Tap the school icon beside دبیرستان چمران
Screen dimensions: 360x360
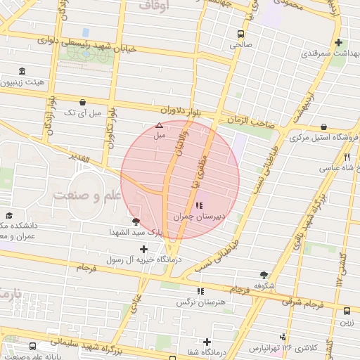[200, 205]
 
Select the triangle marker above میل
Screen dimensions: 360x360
[159, 126]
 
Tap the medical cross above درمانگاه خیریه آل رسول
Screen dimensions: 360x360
[144, 249]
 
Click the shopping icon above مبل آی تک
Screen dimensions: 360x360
[83, 102]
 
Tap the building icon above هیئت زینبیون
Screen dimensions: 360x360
[22, 72]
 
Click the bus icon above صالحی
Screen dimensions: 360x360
[241, 34]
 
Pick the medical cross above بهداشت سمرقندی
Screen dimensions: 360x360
[340, 42]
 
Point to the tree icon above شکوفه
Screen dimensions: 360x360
[264, 275]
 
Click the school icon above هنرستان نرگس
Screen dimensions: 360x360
[200, 290]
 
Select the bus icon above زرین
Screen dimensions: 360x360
[347, 311]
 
